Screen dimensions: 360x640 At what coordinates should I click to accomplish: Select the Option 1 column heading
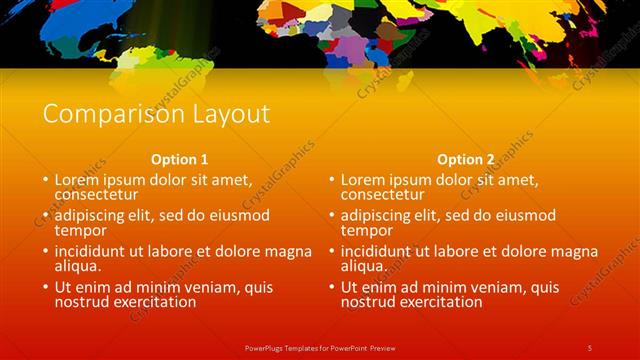(180, 159)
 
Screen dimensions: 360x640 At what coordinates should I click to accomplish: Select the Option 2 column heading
(466, 159)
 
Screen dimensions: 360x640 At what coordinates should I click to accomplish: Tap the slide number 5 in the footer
(590, 347)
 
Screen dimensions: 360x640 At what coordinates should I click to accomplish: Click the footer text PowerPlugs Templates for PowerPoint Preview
(320, 347)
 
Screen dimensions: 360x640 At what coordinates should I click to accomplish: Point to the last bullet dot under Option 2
(331, 288)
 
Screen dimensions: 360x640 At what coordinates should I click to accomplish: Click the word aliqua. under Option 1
(79, 266)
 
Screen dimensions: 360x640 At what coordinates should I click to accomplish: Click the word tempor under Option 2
(366, 230)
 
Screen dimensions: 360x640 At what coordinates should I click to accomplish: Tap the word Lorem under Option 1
(78, 180)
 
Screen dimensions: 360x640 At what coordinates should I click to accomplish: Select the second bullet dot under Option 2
(331, 216)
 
